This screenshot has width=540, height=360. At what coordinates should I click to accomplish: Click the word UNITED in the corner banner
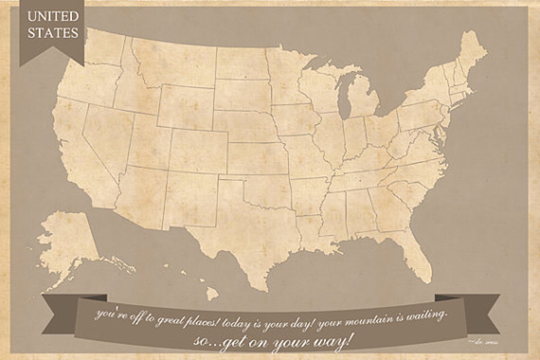click(53, 16)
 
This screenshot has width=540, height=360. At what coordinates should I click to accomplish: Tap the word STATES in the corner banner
click(53, 33)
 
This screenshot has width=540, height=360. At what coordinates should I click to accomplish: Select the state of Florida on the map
click(413, 252)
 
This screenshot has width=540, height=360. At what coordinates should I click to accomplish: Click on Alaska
click(68, 238)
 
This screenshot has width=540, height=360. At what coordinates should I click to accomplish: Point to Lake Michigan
click(345, 99)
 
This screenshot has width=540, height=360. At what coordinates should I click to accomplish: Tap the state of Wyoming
click(185, 105)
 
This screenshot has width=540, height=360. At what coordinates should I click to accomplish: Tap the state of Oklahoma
click(269, 190)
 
